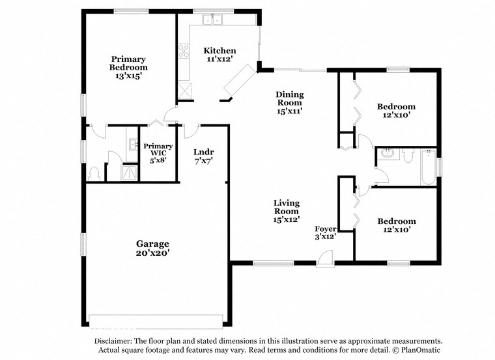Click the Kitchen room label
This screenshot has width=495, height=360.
pyautogui.click(x=219, y=55)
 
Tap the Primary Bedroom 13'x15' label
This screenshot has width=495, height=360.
pyautogui.click(x=128, y=66)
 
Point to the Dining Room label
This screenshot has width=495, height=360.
pyautogui.click(x=290, y=102)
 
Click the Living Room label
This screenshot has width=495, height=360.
pyautogui.click(x=286, y=211)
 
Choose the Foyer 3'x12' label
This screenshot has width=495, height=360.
pyautogui.click(x=326, y=232)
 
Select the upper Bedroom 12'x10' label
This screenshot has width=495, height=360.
pyautogui.click(x=396, y=111)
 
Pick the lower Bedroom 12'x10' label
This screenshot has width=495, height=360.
pyautogui.click(x=396, y=225)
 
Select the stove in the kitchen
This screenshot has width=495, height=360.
pyautogui.click(x=184, y=51)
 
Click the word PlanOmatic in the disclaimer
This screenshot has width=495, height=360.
pyautogui.click(x=419, y=350)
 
